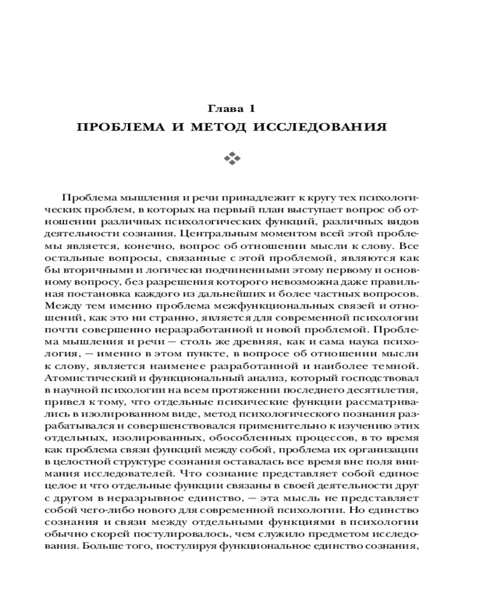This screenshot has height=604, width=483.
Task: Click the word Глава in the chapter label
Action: click(x=223, y=109)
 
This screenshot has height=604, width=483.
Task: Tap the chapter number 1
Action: click(x=251, y=109)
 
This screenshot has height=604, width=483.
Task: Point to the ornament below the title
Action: click(x=232, y=159)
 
